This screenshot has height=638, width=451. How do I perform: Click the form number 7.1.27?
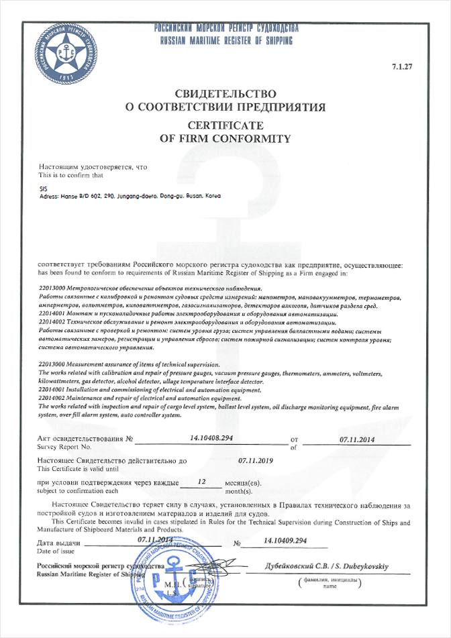click(x=401, y=67)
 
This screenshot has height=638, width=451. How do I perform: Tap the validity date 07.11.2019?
click(x=258, y=462)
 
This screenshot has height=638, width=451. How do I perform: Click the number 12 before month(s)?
click(x=202, y=482)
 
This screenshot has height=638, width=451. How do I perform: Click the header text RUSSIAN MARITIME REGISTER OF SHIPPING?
click(x=226, y=41)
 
